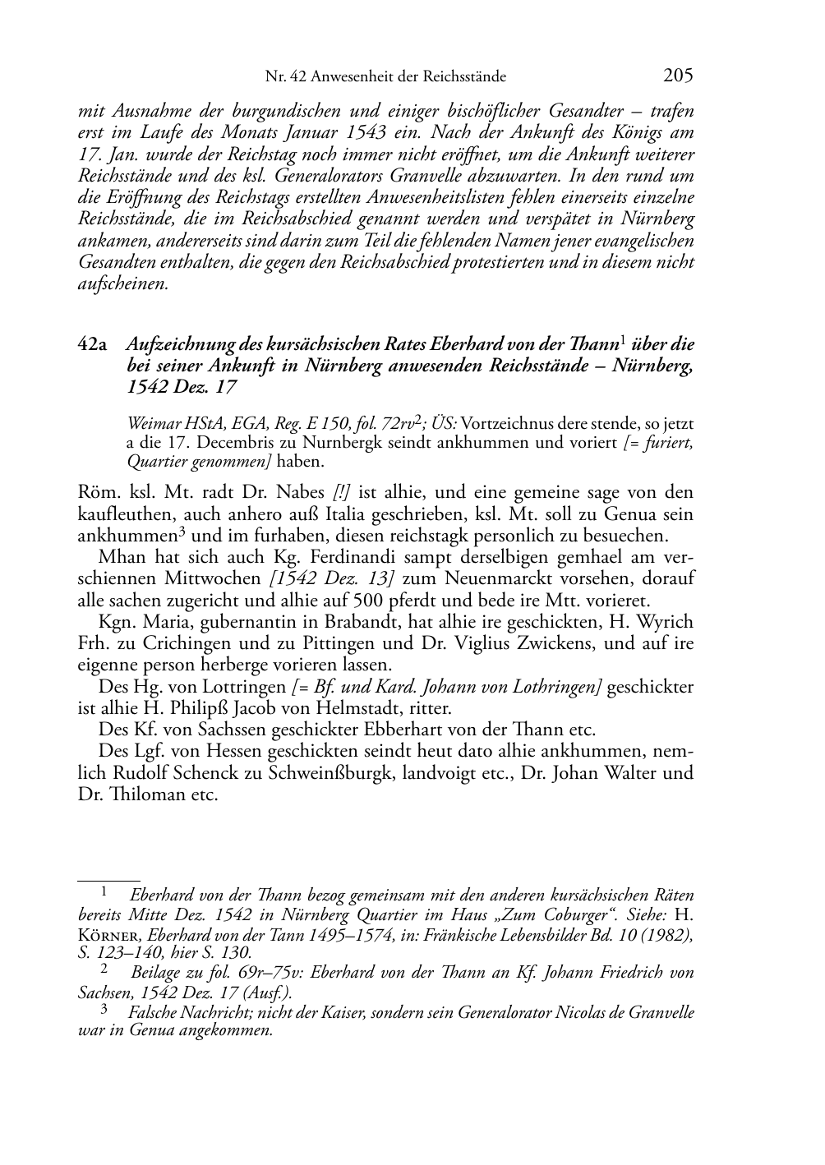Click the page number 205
(678, 76)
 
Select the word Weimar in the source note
(150, 424)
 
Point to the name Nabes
(303, 493)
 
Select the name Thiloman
(136, 794)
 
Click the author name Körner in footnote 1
(110, 934)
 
